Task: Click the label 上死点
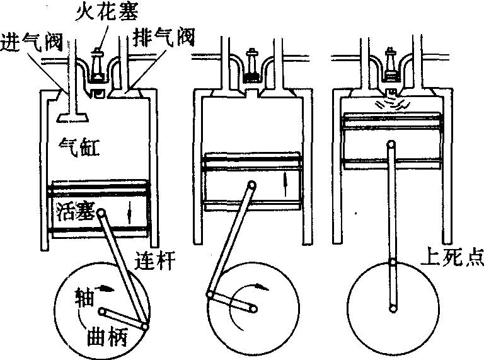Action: (450, 258)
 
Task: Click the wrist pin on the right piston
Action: (391, 146)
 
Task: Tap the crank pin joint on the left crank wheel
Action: (146, 326)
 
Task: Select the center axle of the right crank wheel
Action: (392, 309)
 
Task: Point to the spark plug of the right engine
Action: (392, 65)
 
